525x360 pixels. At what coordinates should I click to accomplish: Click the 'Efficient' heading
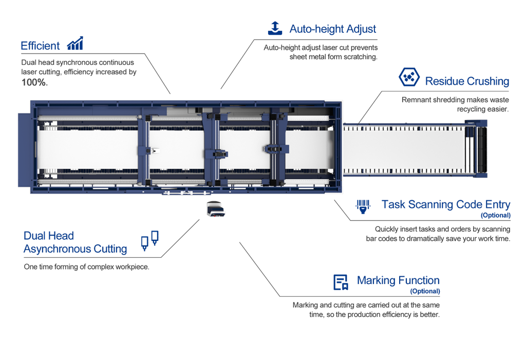[x=40, y=46]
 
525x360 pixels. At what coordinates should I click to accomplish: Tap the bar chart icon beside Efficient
[x=75, y=44]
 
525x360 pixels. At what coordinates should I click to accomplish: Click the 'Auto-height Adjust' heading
[x=332, y=29]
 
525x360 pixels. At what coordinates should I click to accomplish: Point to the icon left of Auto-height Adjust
[x=275, y=28]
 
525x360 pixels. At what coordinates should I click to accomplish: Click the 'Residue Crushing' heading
[x=466, y=81]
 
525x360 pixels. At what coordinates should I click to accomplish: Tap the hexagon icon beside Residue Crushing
[x=409, y=78]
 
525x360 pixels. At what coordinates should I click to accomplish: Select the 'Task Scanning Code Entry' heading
[x=445, y=204]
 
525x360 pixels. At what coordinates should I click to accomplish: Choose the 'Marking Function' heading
[x=398, y=280]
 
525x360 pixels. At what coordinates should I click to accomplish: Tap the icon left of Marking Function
[x=341, y=282]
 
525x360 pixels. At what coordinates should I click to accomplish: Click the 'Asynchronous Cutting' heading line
[x=75, y=249]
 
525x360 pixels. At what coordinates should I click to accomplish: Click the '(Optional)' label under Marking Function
[x=425, y=291]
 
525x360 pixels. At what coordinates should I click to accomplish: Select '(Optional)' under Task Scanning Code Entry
[x=495, y=215]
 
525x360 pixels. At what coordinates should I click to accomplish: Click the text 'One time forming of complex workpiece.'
[x=86, y=267]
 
